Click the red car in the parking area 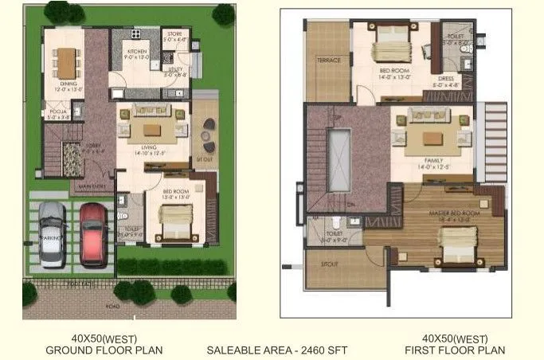tap(93, 233)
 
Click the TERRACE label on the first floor tap(328, 61)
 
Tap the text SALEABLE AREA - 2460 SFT tap(272, 350)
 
